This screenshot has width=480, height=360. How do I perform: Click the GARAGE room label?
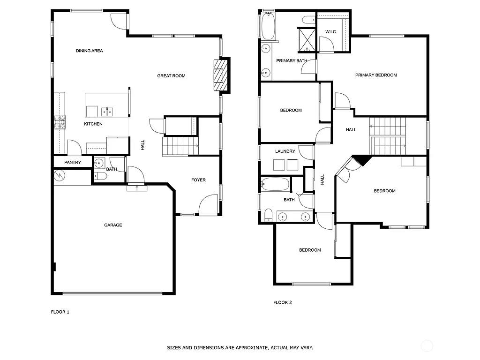tap(113, 225)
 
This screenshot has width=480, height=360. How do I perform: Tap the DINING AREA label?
tap(89, 51)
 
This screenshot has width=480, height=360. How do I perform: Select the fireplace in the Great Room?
tap(220, 75)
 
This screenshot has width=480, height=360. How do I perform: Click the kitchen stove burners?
tap(60, 122)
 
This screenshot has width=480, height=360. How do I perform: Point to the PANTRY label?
tap(72, 163)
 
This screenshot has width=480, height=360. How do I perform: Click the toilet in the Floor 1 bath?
tap(100, 176)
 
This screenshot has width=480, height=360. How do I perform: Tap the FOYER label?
tap(198, 180)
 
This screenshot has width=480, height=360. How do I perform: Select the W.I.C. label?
tap(331, 32)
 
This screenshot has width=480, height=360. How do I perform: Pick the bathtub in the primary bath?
tap(268, 26)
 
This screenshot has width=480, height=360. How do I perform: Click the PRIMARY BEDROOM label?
tap(376, 75)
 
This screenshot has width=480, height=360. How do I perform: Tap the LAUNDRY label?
tap(285, 151)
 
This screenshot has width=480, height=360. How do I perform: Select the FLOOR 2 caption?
tap(283, 302)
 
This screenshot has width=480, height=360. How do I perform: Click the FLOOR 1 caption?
tap(60, 311)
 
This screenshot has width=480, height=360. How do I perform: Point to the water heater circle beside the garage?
tap(60, 176)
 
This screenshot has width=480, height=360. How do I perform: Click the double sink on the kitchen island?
tap(107, 112)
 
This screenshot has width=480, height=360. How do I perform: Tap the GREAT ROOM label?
tap(171, 75)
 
